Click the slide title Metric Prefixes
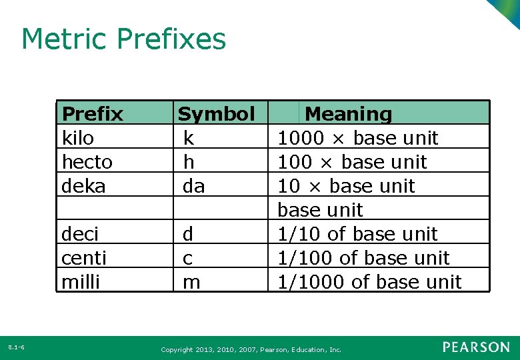click(x=123, y=39)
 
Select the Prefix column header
click(x=92, y=114)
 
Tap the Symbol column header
click(x=216, y=114)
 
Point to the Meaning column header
click(x=348, y=114)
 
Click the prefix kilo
click(x=78, y=138)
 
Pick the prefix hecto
click(x=87, y=162)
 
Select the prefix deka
click(x=83, y=186)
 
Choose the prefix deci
click(x=79, y=234)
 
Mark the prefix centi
click(x=83, y=258)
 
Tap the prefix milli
click(x=80, y=282)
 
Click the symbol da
click(x=193, y=186)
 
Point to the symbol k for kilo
click(x=189, y=138)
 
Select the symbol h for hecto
click(x=189, y=162)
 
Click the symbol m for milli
click(x=191, y=282)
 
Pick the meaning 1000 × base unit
click(x=357, y=138)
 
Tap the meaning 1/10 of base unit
click(x=357, y=234)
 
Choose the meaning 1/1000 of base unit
click(x=369, y=282)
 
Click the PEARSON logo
click(x=476, y=347)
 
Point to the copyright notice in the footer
click(x=251, y=349)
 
